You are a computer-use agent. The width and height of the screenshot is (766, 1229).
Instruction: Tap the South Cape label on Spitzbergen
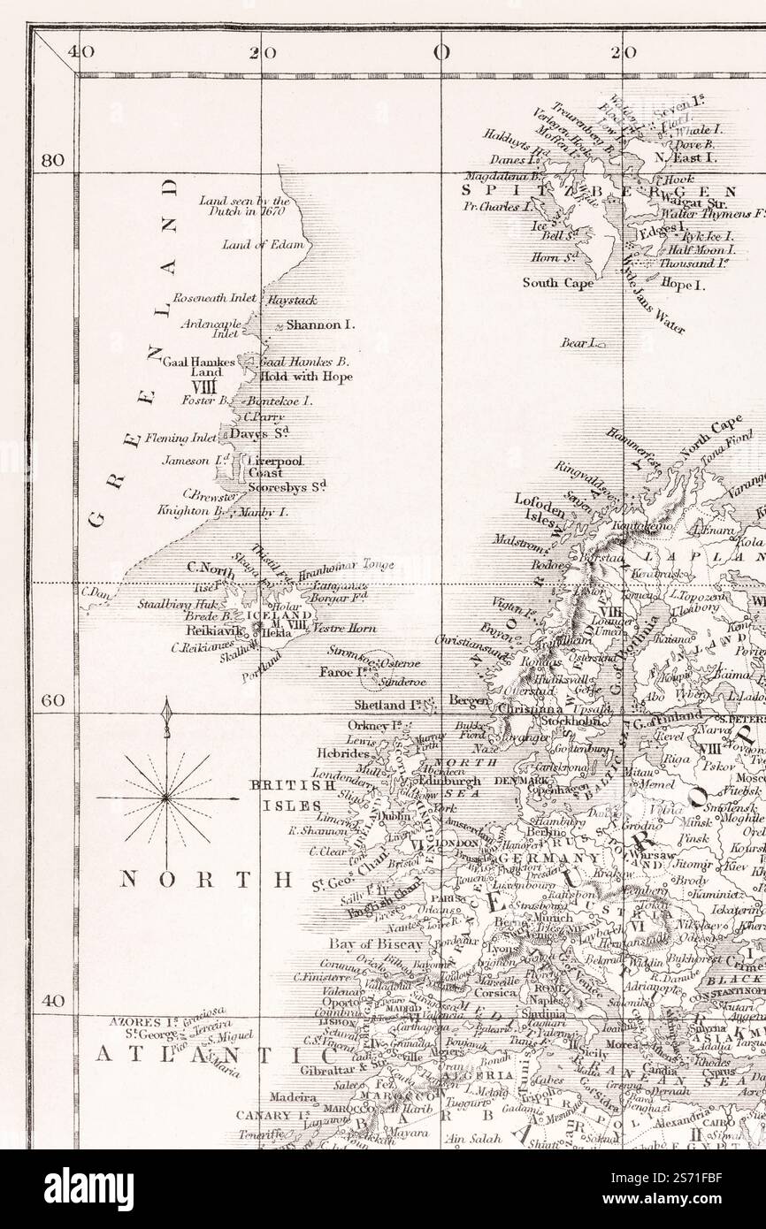coord(557,284)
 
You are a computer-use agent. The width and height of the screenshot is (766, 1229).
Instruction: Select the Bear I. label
coord(579,341)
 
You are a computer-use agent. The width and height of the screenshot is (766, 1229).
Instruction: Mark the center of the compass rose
coord(166,797)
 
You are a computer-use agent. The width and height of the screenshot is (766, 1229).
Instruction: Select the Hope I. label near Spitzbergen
coord(682,286)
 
